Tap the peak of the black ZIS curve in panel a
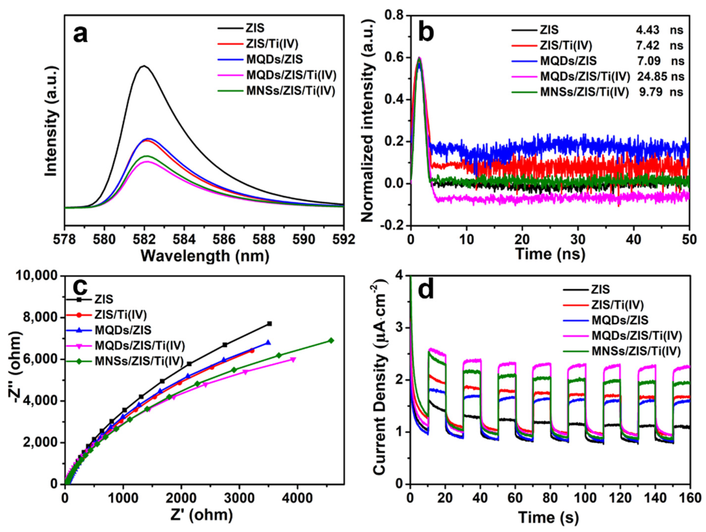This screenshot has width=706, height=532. [144, 66]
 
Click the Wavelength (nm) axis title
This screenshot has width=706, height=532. [204, 256]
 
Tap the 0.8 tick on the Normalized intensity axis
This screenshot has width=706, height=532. [395, 16]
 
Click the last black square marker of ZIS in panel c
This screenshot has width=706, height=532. [269, 324]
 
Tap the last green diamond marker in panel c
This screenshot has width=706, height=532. [331, 340]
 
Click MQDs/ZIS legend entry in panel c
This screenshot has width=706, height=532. [123, 330]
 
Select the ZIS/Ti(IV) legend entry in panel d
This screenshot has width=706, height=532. [618, 305]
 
